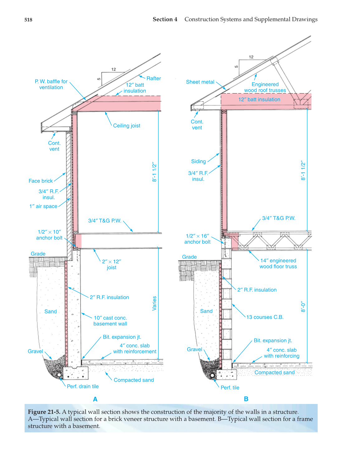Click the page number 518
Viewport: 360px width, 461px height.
pyautogui.click(x=28, y=20)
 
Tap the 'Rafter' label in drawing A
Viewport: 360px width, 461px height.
pyautogui.click(x=154, y=79)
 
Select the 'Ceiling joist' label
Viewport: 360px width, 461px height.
pyautogui.click(x=126, y=126)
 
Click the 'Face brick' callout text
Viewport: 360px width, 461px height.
pyautogui.click(x=40, y=181)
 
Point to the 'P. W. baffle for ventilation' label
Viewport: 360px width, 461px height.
pyautogui.click(x=51, y=84)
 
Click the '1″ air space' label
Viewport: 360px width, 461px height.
pyautogui.click(x=43, y=206)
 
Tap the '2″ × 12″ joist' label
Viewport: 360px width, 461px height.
pyautogui.click(x=111, y=264)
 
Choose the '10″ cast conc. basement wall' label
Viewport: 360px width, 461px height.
pyautogui.click(x=110, y=321)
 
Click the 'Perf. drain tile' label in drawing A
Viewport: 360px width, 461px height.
pyautogui.click(x=83, y=387)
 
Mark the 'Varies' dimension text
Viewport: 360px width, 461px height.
pyautogui.click(x=154, y=303)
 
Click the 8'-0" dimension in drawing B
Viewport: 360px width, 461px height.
pyautogui.click(x=303, y=306)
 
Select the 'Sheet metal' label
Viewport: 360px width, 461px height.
pyautogui.click(x=200, y=82)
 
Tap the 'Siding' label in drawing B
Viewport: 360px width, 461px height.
pyautogui.click(x=198, y=161)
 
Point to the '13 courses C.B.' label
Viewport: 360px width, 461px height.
pyautogui.click(x=265, y=317)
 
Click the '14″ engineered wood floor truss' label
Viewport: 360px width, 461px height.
pyautogui.click(x=278, y=263)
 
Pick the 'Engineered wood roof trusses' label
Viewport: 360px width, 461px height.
pyautogui.click(x=265, y=87)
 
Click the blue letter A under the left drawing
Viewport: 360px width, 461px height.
pyautogui.click(x=95, y=399)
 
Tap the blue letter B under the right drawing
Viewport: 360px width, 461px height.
pyautogui.click(x=246, y=399)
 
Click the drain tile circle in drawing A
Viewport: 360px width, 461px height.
pyautogui.click(x=59, y=374)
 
